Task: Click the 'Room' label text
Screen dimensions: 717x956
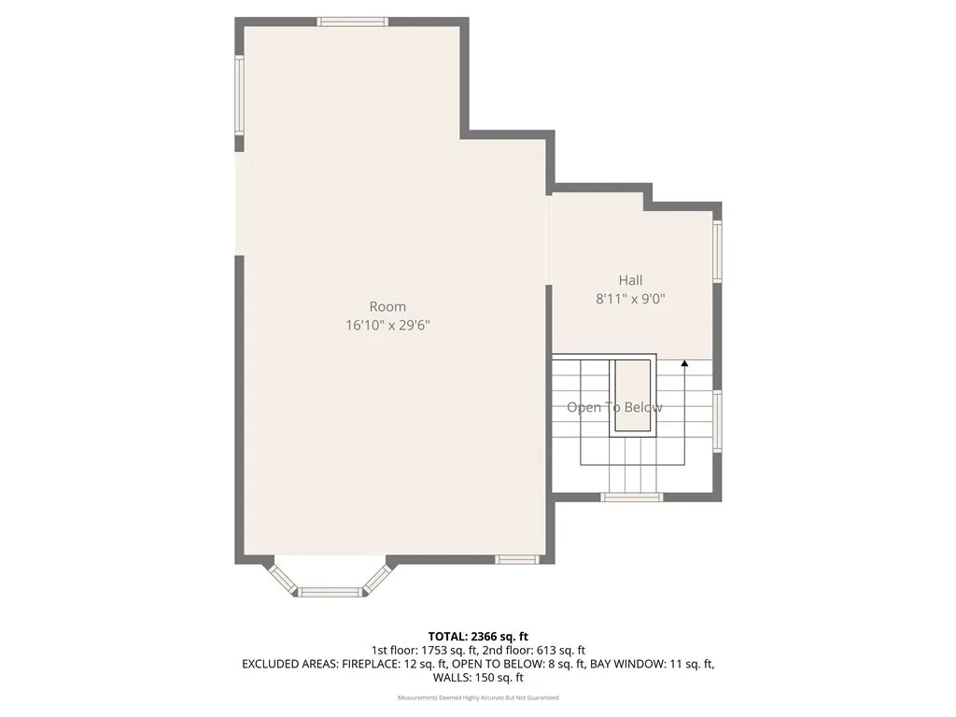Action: coord(387,306)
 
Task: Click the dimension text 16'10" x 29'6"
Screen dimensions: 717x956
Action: coord(387,326)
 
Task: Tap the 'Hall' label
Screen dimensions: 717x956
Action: coord(630,280)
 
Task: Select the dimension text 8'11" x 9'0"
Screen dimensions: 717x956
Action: coord(630,300)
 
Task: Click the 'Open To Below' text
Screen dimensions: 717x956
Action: coord(614,407)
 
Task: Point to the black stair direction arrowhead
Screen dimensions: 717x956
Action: coord(684,363)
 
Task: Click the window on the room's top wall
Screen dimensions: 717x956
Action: coord(353,21)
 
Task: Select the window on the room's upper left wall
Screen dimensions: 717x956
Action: coord(239,95)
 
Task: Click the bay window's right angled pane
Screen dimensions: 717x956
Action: coord(375,577)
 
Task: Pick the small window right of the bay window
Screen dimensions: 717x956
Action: coord(517,559)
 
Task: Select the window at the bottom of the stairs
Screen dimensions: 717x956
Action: coord(632,497)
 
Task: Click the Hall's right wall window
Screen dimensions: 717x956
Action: coord(717,250)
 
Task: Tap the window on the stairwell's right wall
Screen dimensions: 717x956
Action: coord(717,420)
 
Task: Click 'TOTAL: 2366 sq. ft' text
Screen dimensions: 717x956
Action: coord(478,637)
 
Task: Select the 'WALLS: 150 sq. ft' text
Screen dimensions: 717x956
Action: coord(478,678)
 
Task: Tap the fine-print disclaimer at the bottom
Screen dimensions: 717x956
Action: coord(478,697)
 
